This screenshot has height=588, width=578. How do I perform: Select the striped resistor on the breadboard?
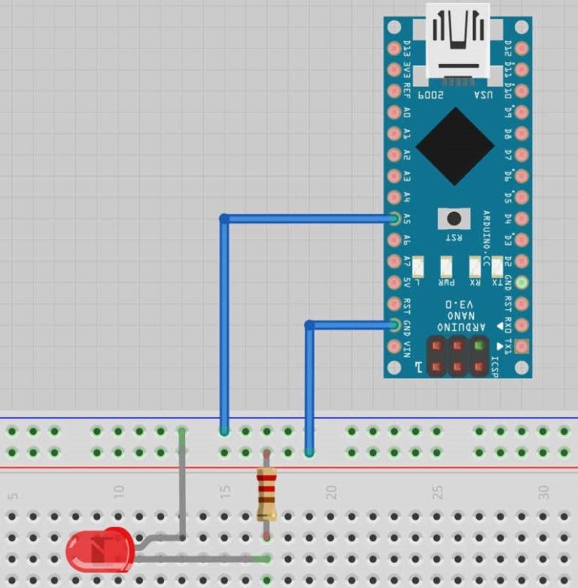pyautogui.click(x=266, y=495)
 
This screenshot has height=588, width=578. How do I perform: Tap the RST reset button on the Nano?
pyautogui.click(x=454, y=219)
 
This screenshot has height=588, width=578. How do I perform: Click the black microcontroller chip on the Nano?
pyautogui.click(x=455, y=145)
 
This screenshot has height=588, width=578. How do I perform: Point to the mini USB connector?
pyautogui.click(x=457, y=41)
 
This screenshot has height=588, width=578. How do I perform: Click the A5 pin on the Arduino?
pyautogui.click(x=394, y=219)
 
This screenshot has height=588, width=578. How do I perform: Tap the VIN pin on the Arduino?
pyautogui.click(x=394, y=348)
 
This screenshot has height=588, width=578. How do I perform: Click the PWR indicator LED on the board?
pyautogui.click(x=447, y=266)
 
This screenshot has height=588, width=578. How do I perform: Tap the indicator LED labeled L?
pyautogui.click(x=419, y=266)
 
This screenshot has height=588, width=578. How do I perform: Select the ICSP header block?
pyautogui.click(x=457, y=356)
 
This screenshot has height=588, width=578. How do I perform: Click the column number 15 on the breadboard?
pyautogui.click(x=224, y=492)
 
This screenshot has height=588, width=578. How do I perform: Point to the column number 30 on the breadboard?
pyautogui.click(x=543, y=492)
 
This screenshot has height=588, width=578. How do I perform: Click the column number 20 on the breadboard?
pyautogui.click(x=330, y=492)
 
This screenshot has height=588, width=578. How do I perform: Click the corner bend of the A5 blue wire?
pyautogui.click(x=224, y=219)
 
